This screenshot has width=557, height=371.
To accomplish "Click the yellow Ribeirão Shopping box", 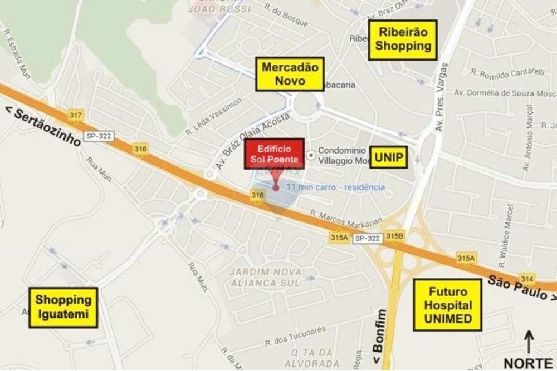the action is point(403,40).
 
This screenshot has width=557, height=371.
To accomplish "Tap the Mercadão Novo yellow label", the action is point(282,75).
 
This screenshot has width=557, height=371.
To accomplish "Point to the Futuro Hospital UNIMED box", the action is point(447,305).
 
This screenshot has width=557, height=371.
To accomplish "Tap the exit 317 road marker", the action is point(76,115).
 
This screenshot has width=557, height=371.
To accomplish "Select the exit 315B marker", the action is point(394,236).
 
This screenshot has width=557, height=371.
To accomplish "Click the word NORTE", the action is point(528,362).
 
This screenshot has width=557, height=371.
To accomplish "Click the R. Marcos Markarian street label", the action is point(346,217).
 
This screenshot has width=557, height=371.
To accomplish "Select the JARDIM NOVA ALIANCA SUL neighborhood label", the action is point(266,277).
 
